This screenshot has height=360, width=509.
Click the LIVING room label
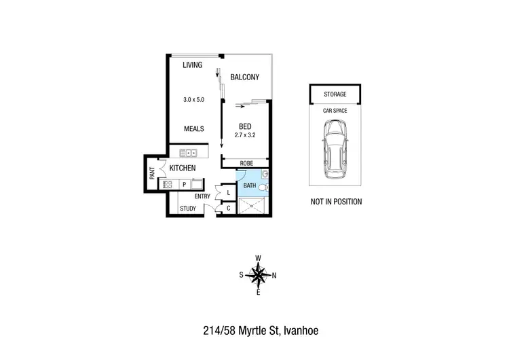(x=193, y=66)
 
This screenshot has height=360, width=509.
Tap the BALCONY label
(x=244, y=77)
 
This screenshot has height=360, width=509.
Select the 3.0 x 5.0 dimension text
(x=193, y=100)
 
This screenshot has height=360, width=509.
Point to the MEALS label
(x=193, y=128)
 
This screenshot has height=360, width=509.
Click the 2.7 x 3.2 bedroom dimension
(x=245, y=136)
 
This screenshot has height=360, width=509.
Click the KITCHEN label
(x=183, y=168)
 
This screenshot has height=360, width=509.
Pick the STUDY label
(x=188, y=209)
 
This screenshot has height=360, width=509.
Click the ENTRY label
(x=202, y=196)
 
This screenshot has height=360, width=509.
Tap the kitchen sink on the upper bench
(x=188, y=153)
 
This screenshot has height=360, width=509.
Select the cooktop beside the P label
(x=168, y=184)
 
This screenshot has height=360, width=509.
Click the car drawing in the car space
(x=335, y=149)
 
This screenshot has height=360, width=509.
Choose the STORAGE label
(x=335, y=94)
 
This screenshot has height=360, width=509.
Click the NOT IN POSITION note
(x=336, y=202)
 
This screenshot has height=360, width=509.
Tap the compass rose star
(x=258, y=275)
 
